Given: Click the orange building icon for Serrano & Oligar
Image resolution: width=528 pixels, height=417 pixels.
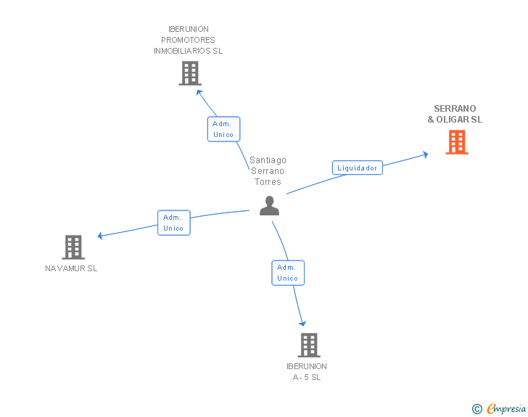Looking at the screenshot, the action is tap(457, 142).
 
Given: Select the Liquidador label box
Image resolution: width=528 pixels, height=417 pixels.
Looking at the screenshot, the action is tap(358, 168).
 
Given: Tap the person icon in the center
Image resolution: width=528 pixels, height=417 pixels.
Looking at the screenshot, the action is tap(269, 205).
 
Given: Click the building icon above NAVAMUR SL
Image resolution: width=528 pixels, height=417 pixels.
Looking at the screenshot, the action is tap(73, 247).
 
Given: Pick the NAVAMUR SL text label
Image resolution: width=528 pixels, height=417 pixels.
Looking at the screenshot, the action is tap(71, 268).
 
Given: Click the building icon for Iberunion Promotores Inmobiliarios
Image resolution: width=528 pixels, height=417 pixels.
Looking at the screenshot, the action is tap(190, 73).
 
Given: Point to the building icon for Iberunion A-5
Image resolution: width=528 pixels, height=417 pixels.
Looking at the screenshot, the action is tap(309, 345).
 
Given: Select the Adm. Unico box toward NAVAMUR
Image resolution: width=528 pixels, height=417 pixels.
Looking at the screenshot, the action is tap(174, 223).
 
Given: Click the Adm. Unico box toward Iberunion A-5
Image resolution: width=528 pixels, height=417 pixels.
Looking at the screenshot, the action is tap(288, 273).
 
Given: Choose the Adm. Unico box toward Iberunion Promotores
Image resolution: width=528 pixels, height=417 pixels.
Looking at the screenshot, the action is tap(223, 129).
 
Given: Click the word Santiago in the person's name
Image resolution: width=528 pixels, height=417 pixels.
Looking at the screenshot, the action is tap(268, 160).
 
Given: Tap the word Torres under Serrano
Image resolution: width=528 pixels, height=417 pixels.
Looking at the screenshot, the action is tap(268, 182).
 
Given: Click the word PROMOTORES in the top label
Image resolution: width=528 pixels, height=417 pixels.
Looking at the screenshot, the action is tap(188, 40).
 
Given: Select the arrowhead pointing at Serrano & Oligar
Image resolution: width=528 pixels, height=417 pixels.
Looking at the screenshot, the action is tap(426, 154).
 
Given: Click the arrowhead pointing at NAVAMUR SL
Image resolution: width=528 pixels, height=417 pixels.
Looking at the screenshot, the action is tap(100, 236).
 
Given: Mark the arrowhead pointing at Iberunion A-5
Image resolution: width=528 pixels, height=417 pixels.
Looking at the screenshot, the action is tap(302, 323).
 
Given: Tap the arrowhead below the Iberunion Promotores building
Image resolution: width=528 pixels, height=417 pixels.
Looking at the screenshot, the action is tap(199, 92).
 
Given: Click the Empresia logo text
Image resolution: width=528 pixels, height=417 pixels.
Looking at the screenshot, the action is tap(506, 408).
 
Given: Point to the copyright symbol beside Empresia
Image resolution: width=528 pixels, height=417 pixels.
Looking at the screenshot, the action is tap(477, 409).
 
